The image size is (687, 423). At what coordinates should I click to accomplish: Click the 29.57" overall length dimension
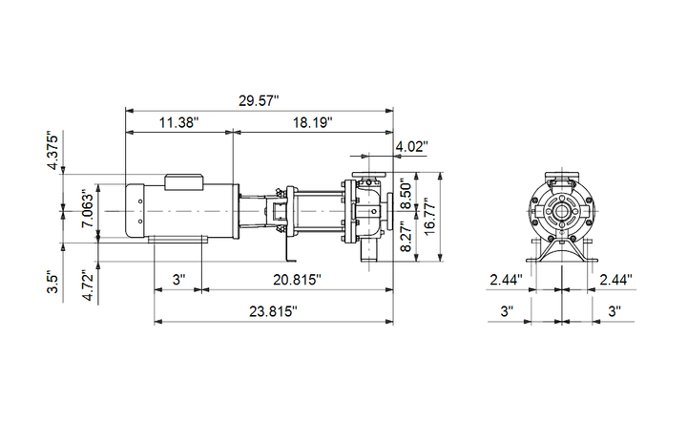click(259, 100)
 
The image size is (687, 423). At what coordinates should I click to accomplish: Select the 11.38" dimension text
click(178, 122)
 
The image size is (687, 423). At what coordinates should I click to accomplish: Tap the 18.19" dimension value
click(312, 122)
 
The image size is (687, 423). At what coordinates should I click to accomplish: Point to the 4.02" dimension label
click(411, 146)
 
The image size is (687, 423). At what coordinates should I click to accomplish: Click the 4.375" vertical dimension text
click(53, 152)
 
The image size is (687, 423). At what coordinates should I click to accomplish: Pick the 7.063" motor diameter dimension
click(88, 208)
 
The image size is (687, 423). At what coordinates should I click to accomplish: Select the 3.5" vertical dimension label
click(53, 283)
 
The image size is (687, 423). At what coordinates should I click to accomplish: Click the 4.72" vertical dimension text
click(88, 286)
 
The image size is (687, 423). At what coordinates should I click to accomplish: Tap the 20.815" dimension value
click(297, 279)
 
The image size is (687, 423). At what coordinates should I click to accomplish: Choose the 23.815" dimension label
click(274, 311)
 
